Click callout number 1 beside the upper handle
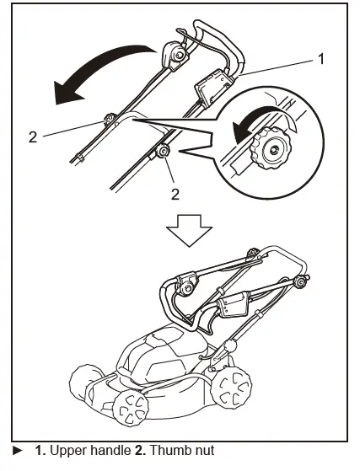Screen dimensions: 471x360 point(320,60)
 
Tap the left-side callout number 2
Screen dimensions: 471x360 point(33,136)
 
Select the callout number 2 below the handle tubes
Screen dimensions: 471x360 point(176,194)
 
